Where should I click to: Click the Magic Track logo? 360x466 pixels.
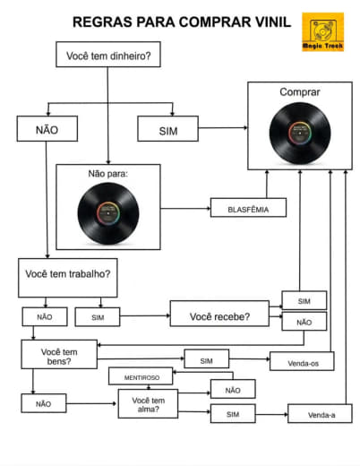(x=322, y=31)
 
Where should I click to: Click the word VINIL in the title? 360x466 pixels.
(x=271, y=22)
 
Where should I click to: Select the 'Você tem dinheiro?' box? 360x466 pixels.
(x=108, y=55)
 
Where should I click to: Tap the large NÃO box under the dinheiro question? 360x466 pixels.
(x=47, y=129)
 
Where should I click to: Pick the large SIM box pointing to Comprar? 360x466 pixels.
(x=167, y=129)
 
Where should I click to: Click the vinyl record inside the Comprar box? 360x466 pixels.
(x=300, y=134)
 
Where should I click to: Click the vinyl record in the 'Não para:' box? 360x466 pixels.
(x=108, y=213)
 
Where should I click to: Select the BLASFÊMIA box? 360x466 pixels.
(x=248, y=208)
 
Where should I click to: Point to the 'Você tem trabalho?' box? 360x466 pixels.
(x=68, y=278)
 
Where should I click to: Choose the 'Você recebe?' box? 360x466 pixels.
(x=219, y=314)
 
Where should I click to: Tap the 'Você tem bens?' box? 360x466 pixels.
(x=59, y=354)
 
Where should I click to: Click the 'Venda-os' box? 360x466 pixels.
(x=302, y=361)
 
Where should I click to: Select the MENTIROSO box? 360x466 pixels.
(x=141, y=376)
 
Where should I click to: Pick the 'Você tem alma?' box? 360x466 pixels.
(x=148, y=403)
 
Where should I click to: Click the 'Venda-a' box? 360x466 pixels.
(x=320, y=413)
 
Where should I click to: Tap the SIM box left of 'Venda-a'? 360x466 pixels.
(x=233, y=413)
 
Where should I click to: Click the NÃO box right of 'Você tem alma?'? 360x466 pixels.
(x=233, y=389)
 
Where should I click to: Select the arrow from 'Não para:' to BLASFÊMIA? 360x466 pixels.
(x=185, y=208)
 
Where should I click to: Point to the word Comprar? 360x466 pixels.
(x=300, y=92)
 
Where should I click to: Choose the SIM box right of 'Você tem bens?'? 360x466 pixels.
(x=207, y=358)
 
